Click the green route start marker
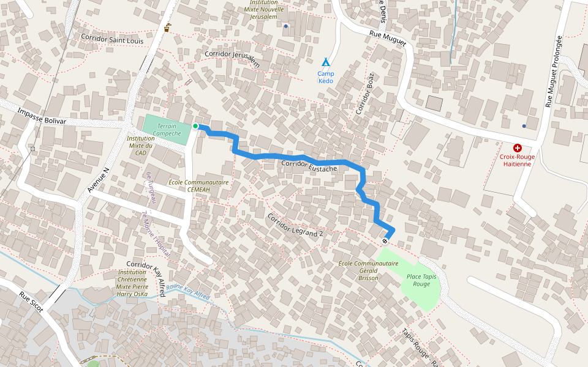(195, 126)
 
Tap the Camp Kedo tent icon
(326, 62)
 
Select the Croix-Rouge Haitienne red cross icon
(518, 147)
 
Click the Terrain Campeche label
(166, 130)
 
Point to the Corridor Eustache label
(309, 166)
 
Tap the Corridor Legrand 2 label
(295, 225)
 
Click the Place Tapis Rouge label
(421, 280)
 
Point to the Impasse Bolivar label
(42, 116)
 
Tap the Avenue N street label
(97, 180)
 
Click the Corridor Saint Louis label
(111, 39)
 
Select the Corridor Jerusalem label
(233, 58)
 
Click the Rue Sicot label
(31, 302)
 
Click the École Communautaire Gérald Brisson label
(368, 270)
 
